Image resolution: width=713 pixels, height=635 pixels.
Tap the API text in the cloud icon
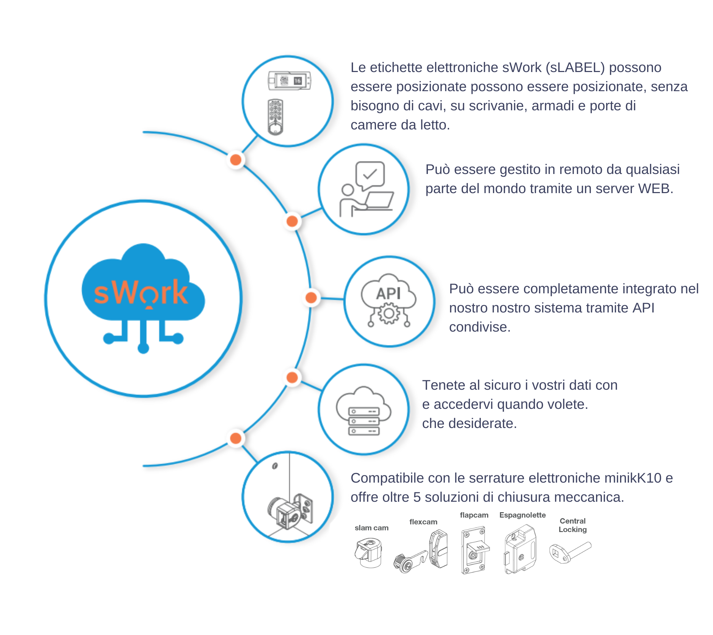point(388,293)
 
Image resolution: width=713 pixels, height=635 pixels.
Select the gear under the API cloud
point(389,313)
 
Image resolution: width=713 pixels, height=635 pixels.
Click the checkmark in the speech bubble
point(370,174)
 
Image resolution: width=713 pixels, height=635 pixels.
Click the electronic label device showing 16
point(289,81)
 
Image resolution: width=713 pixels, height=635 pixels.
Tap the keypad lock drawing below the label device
point(275,117)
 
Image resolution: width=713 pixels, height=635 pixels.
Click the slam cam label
point(371,527)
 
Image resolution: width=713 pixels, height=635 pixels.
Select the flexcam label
point(423,522)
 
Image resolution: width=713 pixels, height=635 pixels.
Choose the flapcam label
point(474,515)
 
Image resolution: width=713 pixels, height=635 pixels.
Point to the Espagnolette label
point(522,515)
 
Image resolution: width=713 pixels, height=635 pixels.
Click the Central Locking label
point(572,525)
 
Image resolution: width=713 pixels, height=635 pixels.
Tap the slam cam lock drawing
point(368,553)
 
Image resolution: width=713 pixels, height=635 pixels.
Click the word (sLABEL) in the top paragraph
point(575,68)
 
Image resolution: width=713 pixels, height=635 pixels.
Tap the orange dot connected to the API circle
point(311,297)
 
